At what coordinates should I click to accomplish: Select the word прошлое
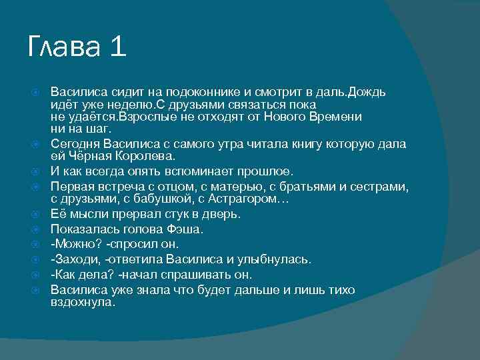click(x=265, y=172)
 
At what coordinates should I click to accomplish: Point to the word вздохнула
click(x=83, y=302)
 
